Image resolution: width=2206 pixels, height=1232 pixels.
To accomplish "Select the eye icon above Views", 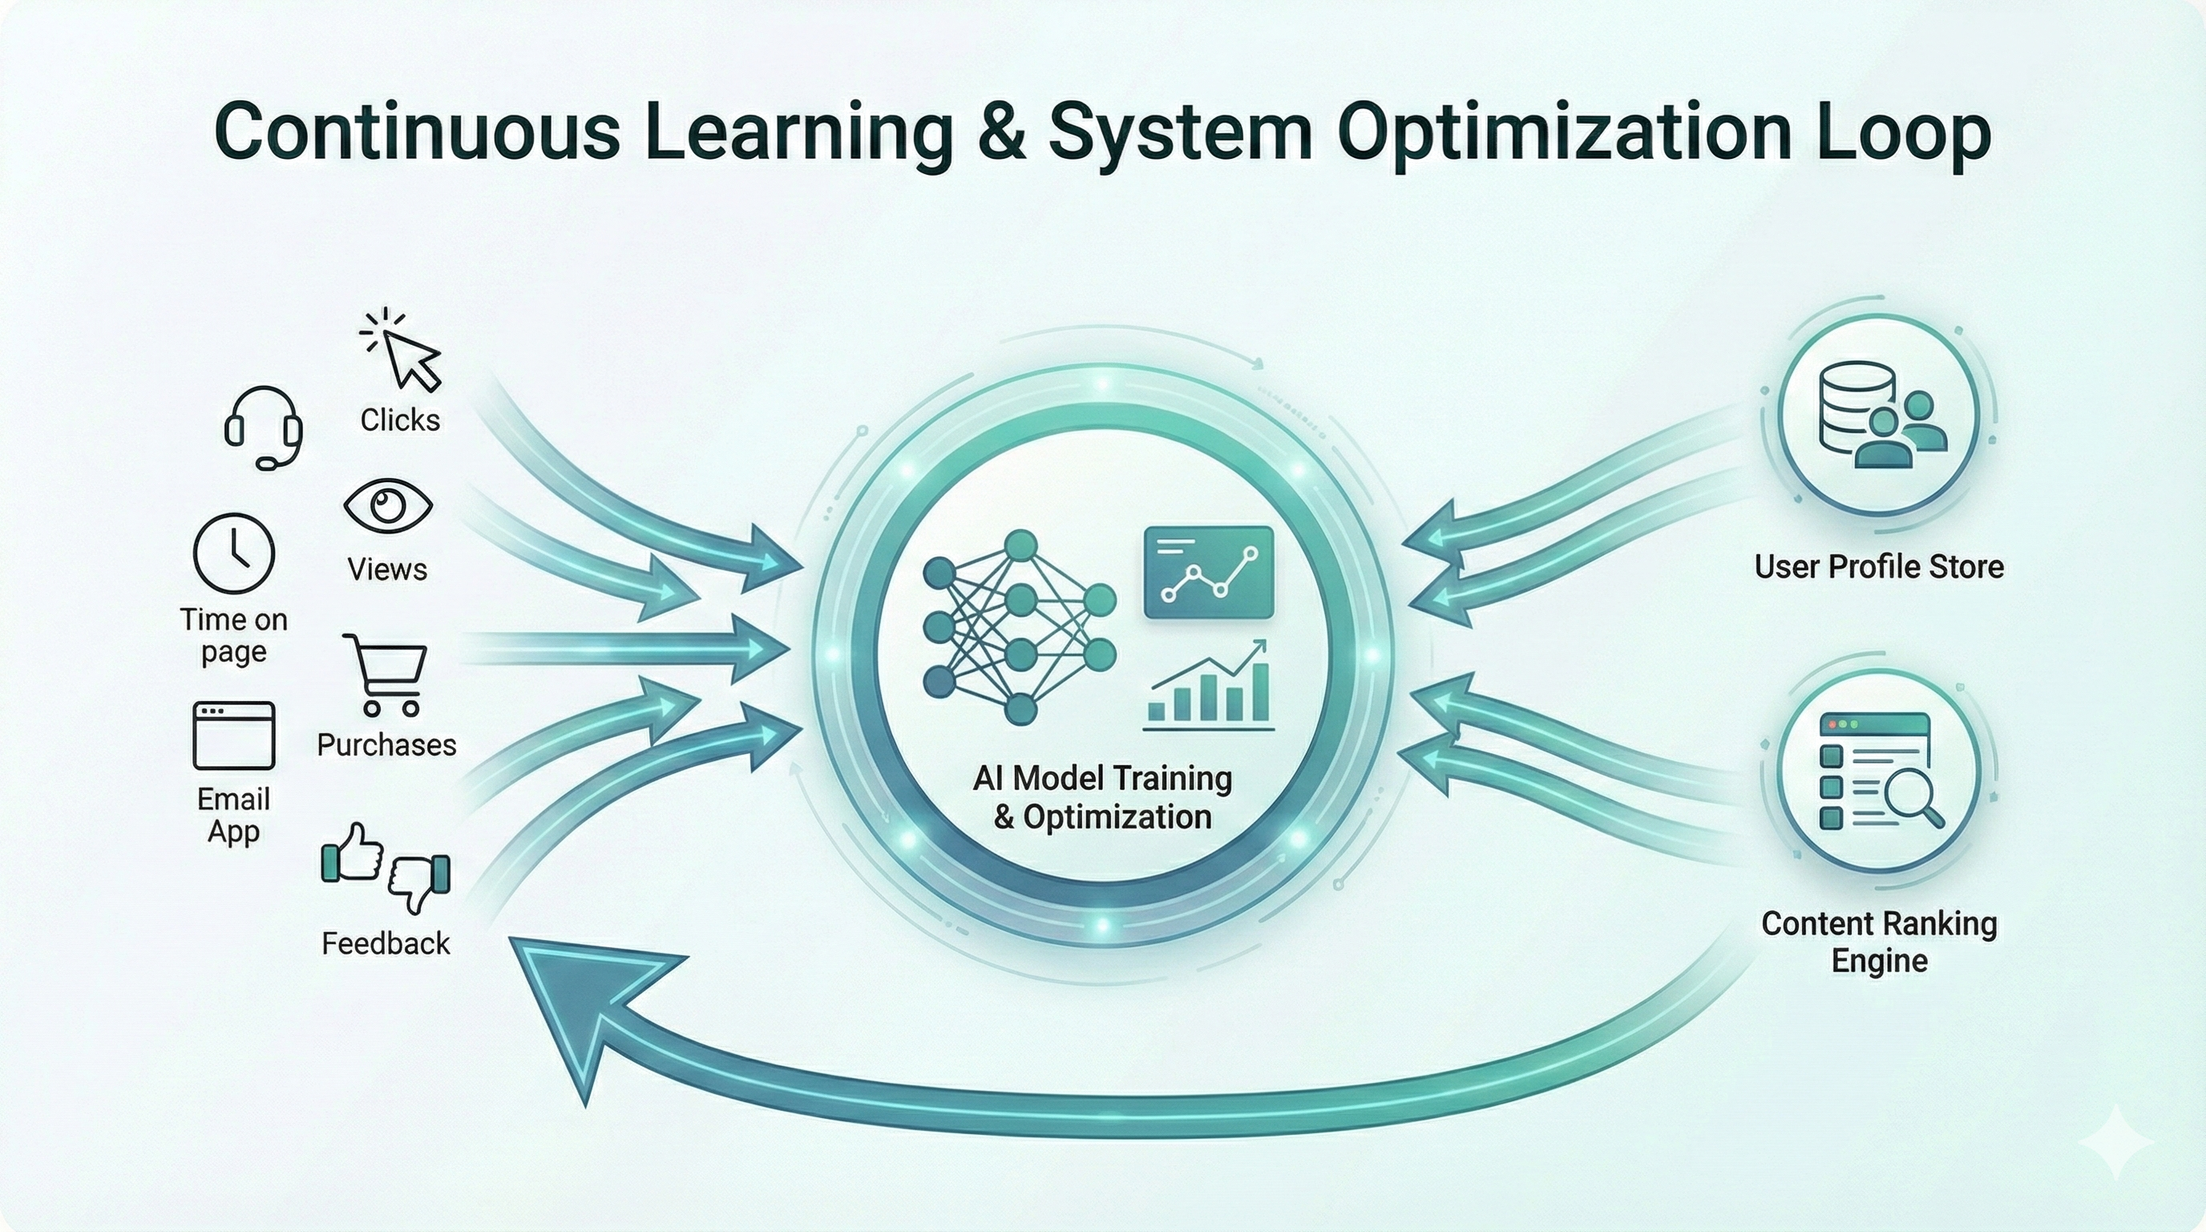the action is [388, 505].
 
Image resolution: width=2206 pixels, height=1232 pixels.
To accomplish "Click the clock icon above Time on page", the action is [234, 553].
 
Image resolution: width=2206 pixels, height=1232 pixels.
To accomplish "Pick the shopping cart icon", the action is [385, 675].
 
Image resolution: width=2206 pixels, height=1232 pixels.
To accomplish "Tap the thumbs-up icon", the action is [352, 853].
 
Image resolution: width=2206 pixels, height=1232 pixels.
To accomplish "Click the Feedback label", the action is [386, 943].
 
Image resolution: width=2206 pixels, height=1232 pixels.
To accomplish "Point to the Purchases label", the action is [386, 744].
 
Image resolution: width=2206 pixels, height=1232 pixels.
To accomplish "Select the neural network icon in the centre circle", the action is [1020, 627].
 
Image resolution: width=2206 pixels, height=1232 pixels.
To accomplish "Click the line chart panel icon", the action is [1208, 573].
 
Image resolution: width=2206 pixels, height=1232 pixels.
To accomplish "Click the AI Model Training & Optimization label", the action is [1103, 796].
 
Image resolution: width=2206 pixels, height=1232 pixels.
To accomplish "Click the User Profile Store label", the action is [1879, 566].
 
